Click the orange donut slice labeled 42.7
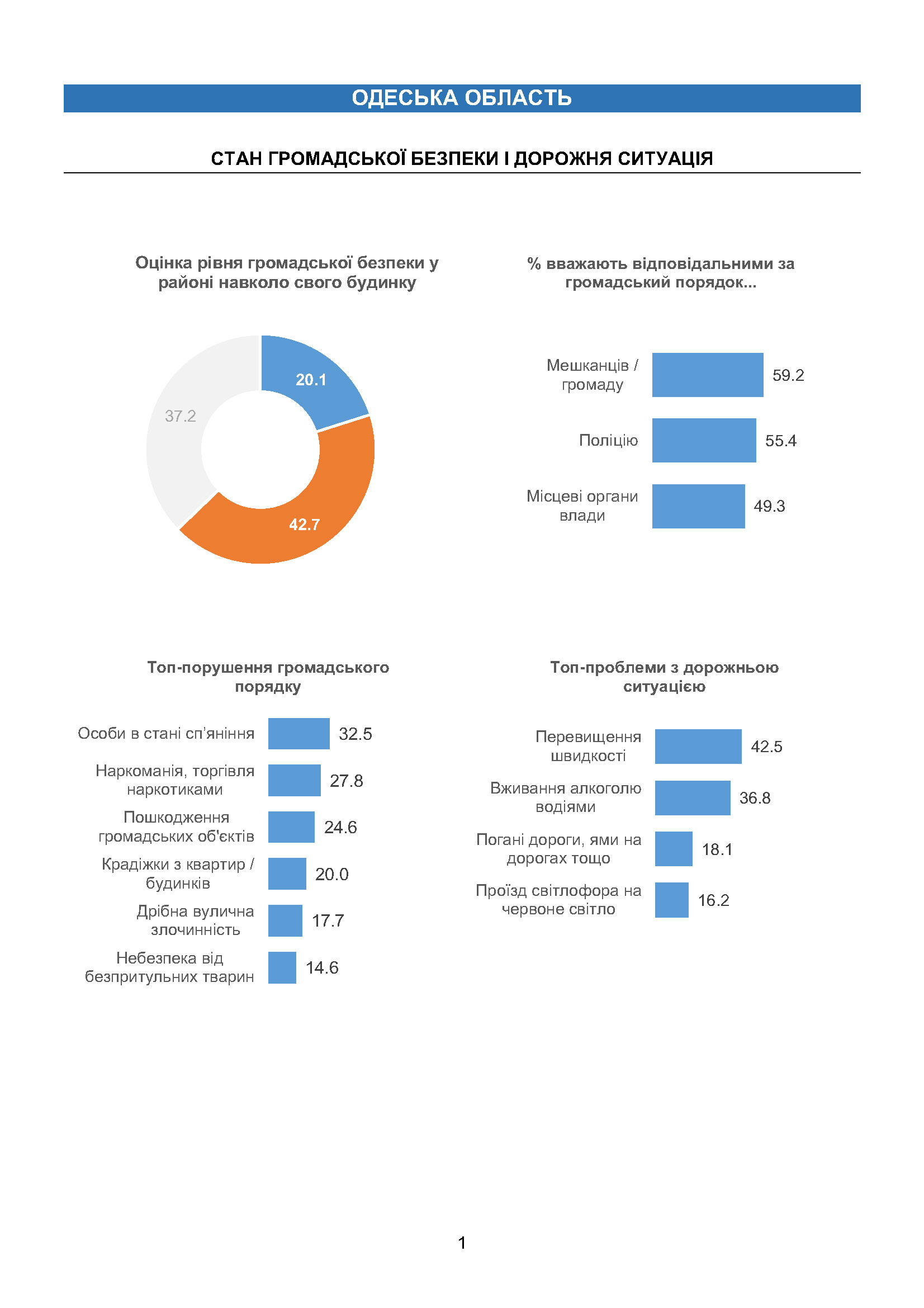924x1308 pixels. point(307,518)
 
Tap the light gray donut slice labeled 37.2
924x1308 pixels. point(177,422)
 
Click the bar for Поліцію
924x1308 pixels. point(704,440)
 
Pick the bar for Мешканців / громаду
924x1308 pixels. point(708,375)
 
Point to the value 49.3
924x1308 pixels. point(769,506)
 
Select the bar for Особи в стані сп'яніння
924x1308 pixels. point(299,734)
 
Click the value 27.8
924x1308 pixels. point(346,781)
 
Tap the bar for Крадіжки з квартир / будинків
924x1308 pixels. point(287,874)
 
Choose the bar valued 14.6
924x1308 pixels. point(282,967)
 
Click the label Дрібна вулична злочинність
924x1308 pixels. point(195,920)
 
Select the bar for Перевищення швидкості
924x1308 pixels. point(698,747)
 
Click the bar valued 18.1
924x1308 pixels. point(674,849)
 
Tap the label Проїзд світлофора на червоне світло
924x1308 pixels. point(558,900)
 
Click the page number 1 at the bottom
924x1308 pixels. point(462,1243)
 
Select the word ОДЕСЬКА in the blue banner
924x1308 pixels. point(405,98)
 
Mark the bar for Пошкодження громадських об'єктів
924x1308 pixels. point(291,827)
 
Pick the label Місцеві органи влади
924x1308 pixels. point(582,506)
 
